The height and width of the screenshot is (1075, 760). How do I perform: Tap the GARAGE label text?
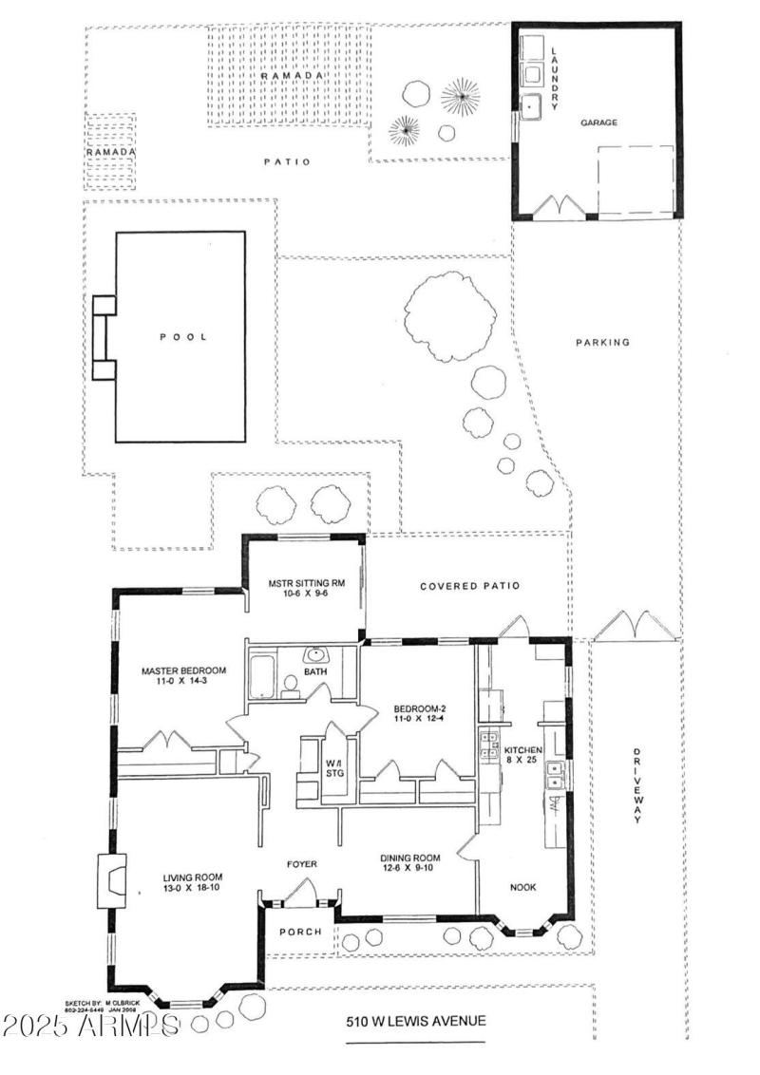pos(599,123)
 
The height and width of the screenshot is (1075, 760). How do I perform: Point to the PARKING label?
pos(602,343)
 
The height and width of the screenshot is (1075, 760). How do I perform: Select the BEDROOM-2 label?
pos(422,707)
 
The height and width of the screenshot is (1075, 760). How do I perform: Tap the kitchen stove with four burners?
pos(490,744)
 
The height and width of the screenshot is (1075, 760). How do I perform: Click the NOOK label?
pos(522,887)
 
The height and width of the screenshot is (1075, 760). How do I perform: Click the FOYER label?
pos(302,864)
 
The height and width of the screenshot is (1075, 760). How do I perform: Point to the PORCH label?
pos(299,932)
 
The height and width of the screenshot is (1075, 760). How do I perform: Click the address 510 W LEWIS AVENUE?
pos(416,1021)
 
